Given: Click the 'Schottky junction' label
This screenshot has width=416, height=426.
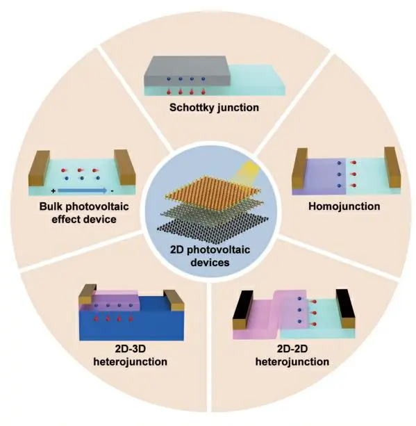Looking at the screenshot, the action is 214,108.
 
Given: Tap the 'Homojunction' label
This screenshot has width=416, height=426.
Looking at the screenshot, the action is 344,206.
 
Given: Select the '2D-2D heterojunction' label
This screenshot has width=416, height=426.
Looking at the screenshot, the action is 292,355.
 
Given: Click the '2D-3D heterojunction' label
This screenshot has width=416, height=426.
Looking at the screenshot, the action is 130,355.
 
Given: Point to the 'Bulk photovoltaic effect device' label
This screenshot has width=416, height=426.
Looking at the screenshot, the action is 84,213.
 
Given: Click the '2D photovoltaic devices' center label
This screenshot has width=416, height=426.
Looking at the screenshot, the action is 210,256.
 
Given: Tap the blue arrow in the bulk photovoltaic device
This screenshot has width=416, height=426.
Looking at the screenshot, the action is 82,190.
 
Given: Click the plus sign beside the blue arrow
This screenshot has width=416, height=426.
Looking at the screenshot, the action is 53,191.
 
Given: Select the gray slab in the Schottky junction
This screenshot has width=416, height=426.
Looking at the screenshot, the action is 187,72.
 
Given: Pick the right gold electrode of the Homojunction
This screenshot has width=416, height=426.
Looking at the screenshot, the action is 392,167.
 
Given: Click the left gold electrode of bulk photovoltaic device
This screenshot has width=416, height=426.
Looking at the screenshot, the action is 40,168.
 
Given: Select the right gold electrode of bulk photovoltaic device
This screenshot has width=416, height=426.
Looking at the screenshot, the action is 124,167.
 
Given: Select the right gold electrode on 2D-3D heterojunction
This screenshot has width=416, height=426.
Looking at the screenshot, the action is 174,300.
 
